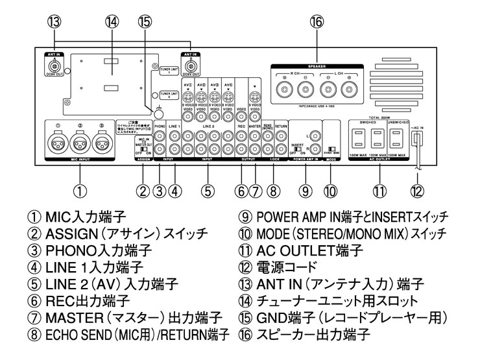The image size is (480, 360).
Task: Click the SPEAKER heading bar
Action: (x=316, y=66)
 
